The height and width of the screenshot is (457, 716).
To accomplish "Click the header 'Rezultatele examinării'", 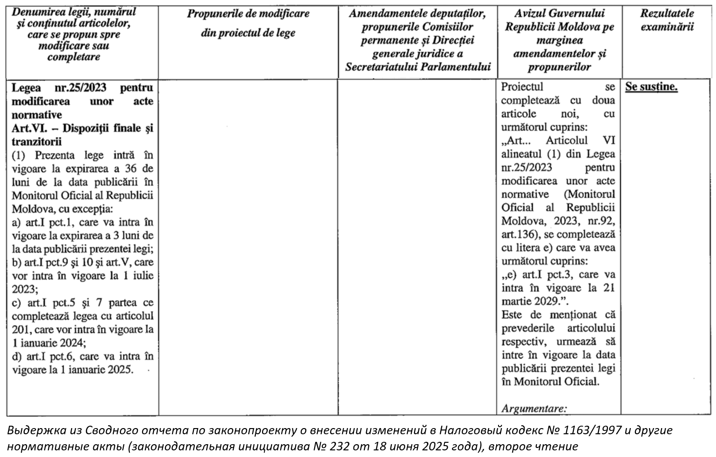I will (667, 20).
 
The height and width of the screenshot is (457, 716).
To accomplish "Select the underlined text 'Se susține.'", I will (652, 87).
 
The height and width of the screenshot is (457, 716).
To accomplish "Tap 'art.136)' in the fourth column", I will (519, 234).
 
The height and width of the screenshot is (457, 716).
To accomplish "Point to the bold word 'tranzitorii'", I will (37, 142).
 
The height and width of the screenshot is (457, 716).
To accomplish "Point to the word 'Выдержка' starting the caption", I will (33, 430).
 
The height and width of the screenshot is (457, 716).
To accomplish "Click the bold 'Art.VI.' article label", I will (28, 128).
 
